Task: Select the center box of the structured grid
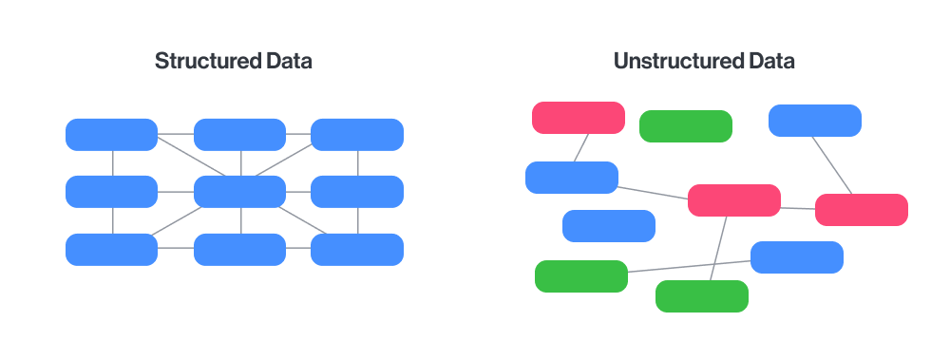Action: [239, 192]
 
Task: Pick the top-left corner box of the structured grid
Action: [111, 135]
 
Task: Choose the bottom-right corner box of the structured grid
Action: [357, 249]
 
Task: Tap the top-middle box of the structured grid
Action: [239, 135]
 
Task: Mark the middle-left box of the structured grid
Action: [111, 192]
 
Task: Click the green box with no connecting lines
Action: [686, 126]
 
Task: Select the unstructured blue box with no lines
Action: [609, 226]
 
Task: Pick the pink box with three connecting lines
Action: [733, 200]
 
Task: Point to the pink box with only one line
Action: [578, 118]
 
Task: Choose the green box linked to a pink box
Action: [702, 296]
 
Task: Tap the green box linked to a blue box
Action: [581, 276]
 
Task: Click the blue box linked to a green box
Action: [797, 257]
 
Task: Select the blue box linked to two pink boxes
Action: [572, 178]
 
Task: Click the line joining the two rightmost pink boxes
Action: [798, 207]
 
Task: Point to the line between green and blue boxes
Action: [689, 267]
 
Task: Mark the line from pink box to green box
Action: [719, 248]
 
